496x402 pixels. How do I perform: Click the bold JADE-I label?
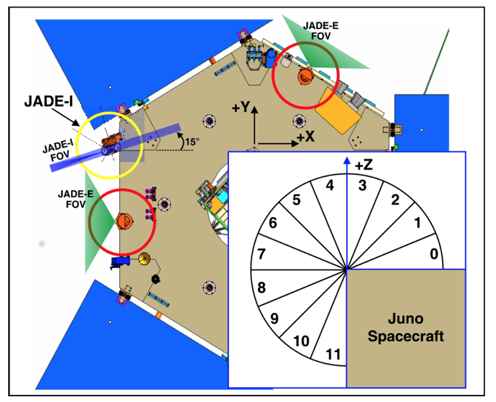coord(49,101)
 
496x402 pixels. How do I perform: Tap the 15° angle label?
coord(192,142)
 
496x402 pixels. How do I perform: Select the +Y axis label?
coord(241,108)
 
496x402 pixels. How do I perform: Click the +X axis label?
coord(306,137)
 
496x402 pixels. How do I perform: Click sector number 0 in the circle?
coord(434,254)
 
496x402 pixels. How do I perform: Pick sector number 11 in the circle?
coord(333,354)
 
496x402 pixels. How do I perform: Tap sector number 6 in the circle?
coord(273,223)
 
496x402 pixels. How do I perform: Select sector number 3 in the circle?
coord(362,186)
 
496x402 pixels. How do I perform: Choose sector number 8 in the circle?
coord(261,288)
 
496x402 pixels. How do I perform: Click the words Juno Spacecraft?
coord(406,327)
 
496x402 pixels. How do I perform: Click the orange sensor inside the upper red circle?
coord(305,76)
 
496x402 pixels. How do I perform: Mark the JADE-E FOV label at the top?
coord(321,30)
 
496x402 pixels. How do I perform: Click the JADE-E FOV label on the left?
coord(76,199)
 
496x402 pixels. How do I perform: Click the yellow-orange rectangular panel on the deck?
coord(338,110)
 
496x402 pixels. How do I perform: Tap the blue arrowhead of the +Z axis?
coord(347,160)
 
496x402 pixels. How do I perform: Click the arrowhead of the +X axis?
coord(295,144)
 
